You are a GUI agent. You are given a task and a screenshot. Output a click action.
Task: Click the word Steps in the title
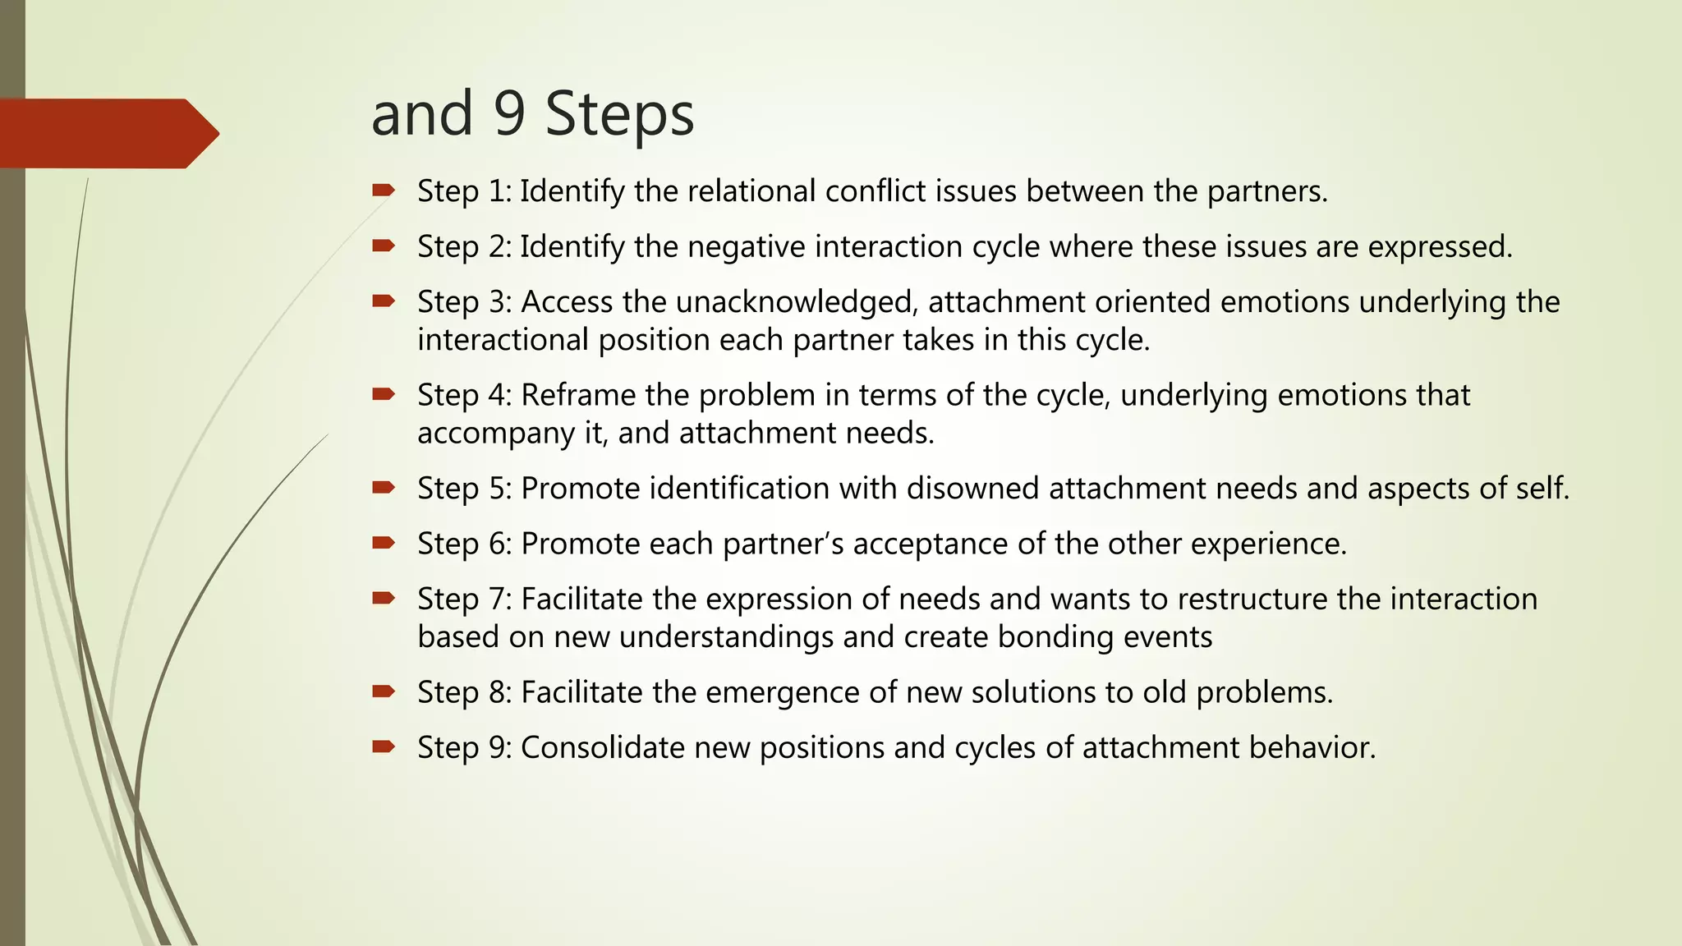pos(619,115)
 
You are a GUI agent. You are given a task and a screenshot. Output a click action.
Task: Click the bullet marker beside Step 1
pos(383,191)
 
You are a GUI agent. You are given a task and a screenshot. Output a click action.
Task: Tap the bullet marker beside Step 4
pos(383,395)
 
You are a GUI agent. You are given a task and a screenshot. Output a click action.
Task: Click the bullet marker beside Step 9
pos(383,746)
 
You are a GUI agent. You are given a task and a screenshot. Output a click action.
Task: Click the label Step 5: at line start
pos(465,489)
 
